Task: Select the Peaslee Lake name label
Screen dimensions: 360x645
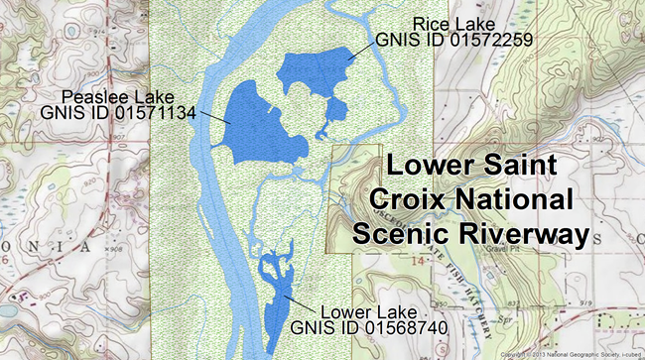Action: coord(118,96)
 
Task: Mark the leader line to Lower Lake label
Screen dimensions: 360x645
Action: coord(296,298)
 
